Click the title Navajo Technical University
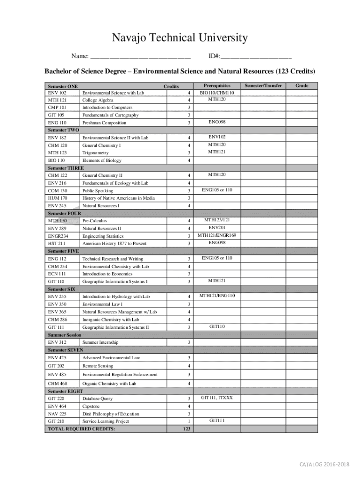pyautogui.click(x=180, y=38)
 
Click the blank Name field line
pyautogui.click(x=140, y=58)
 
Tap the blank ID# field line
pyautogui.click(x=256, y=58)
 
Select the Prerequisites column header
pyautogui.click(x=217, y=86)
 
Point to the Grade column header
pyautogui.click(x=302, y=86)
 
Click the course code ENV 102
pyautogui.click(x=57, y=93)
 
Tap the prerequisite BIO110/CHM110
pyautogui.click(x=217, y=93)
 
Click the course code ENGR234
pyautogui.click(x=58, y=236)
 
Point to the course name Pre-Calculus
pyautogui.click(x=94, y=221)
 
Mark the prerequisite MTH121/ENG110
pyautogui.click(x=217, y=296)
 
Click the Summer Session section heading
pyautogui.click(x=65, y=335)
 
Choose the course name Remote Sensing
pyautogui.click(x=98, y=366)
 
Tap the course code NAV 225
pyautogui.click(x=57, y=414)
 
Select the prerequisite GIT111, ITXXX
pyautogui.click(x=217, y=398)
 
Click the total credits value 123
pyautogui.click(x=187, y=429)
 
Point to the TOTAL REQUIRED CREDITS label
pyautogui.click(x=81, y=429)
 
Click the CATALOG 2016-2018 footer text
pyautogui.click(x=324, y=464)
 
